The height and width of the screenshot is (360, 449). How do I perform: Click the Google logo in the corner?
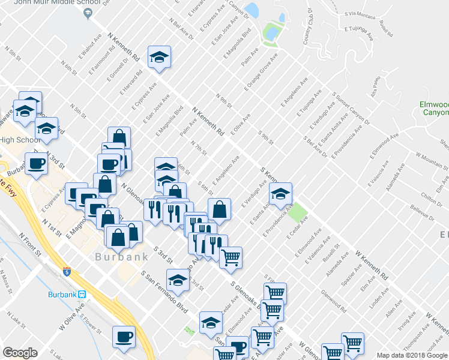(20, 353)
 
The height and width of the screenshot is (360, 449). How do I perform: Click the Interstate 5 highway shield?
(67, 271)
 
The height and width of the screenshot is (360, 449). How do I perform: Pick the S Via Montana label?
(358, 13)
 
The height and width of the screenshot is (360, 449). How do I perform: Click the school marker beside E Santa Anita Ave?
(280, 194)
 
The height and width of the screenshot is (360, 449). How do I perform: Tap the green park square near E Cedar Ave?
(295, 211)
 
